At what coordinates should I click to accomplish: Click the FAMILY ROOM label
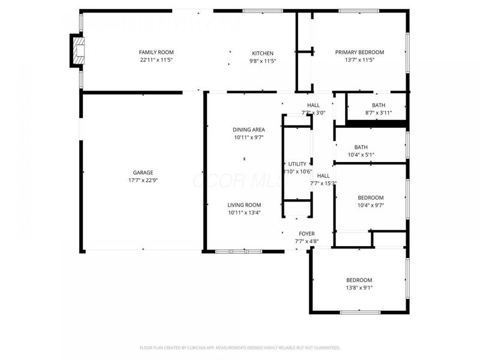156,52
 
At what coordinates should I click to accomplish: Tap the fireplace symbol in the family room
76,50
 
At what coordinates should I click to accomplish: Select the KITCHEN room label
262,53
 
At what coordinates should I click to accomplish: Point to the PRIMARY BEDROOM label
359,52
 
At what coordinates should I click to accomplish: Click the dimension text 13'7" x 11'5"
359,60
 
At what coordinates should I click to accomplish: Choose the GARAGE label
143,172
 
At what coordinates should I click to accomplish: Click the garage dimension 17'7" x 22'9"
143,180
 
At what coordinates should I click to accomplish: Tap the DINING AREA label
249,130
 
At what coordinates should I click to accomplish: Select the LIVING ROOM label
244,205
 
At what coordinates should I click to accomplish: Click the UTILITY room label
297,164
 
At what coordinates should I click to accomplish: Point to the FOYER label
307,233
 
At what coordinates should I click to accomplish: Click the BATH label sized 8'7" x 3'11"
378,105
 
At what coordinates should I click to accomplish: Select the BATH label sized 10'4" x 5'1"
361,147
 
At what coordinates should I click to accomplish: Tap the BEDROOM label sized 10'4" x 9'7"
370,197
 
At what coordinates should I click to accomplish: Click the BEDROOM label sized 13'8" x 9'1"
359,280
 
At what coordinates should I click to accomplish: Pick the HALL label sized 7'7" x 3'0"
313,105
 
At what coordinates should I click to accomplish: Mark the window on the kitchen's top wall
263,11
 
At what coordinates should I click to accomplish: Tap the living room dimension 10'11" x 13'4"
244,212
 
